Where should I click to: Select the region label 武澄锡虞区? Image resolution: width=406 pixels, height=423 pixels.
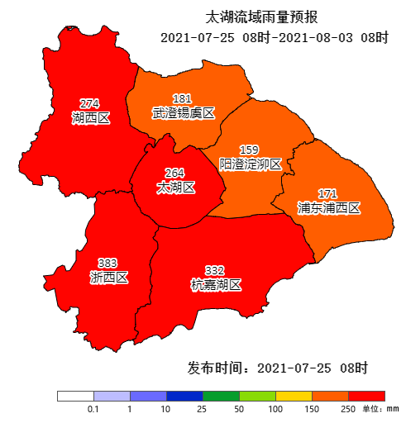click(x=183, y=113)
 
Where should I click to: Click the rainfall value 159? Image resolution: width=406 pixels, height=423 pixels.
click(x=249, y=150)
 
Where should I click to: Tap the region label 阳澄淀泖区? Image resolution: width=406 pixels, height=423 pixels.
click(x=250, y=164)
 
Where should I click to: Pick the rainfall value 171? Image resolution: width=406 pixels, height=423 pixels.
click(x=327, y=193)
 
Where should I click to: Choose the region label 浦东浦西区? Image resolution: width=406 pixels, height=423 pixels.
click(x=328, y=208)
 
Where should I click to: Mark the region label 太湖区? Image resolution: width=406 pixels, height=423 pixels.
click(x=175, y=188)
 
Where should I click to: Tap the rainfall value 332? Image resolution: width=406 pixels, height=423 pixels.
click(x=214, y=270)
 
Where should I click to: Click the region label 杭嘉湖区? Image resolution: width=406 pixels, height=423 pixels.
click(x=215, y=285)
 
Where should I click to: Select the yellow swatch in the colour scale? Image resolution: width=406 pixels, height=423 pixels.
click(x=294, y=396)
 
